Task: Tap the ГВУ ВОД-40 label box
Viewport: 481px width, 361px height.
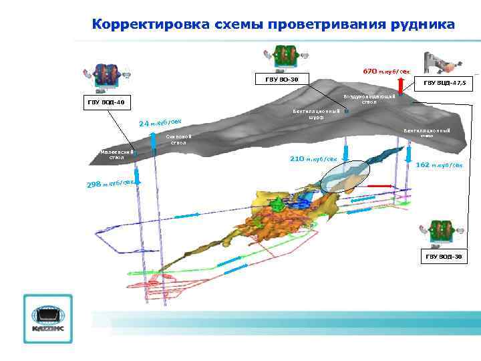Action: [106, 102]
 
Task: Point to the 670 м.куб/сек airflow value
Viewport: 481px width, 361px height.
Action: [386, 70]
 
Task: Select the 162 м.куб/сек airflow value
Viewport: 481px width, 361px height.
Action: [439, 164]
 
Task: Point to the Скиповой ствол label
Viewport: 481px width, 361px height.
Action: [178, 140]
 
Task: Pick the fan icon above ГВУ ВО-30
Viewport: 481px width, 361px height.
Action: [286, 57]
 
